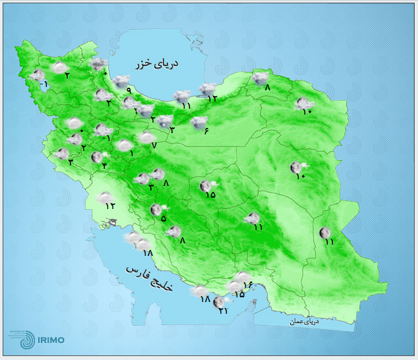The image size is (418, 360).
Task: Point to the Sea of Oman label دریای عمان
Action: [305, 322]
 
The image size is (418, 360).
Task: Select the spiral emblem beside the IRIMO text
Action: [19, 338]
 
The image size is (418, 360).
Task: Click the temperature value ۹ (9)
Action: [129, 90]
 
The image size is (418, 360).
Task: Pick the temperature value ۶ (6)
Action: [206, 133]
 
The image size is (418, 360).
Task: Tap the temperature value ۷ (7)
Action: [154, 145]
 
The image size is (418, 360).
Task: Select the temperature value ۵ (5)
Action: [163, 219]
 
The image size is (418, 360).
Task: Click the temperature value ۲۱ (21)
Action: [223, 311]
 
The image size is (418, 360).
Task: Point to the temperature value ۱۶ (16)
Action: [248, 285]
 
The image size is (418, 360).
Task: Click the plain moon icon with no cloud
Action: [324, 232]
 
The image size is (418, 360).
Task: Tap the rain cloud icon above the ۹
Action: [121, 81]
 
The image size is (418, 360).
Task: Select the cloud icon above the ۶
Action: [198, 122]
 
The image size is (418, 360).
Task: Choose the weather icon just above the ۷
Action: [147, 137]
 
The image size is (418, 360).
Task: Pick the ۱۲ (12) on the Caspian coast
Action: [212, 98]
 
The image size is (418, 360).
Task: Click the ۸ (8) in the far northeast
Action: [268, 88]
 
